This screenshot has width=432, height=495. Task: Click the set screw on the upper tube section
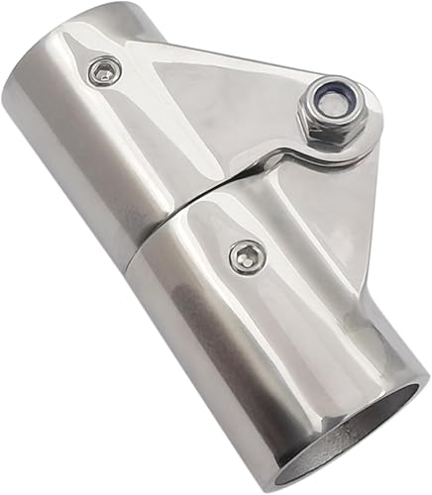pos(102,70)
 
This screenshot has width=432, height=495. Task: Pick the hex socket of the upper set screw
pos(102,70)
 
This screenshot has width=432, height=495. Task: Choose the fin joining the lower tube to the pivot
pos(317,228)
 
